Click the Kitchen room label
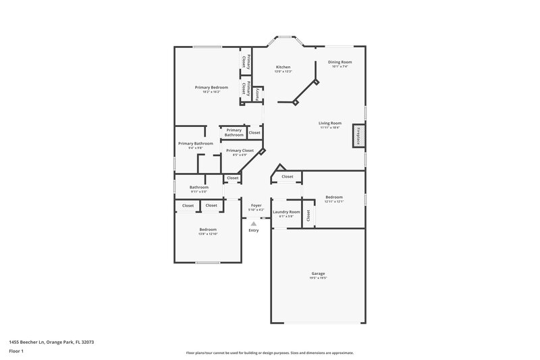tap(283, 67)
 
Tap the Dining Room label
tap(340, 62)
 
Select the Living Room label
tap(330, 123)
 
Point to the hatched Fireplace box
tap(359, 136)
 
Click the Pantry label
tap(257, 95)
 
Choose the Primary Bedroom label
tap(211, 87)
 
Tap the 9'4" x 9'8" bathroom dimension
tap(196, 147)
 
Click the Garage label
tap(319, 274)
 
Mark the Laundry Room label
tap(286, 211)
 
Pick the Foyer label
tap(256, 205)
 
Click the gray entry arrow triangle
tap(254, 223)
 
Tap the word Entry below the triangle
tap(254, 231)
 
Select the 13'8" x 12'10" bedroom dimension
tap(207, 233)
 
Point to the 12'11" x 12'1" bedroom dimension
tap(334, 201)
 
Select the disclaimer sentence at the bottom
tap(269, 353)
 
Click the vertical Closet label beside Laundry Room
tap(308, 215)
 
